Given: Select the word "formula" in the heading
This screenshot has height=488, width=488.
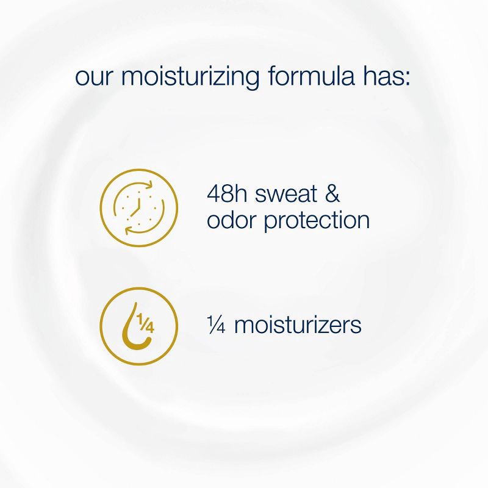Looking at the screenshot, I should pyautogui.click(x=311, y=77).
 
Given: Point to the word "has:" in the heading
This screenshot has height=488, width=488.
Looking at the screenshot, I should pyautogui.click(x=386, y=77).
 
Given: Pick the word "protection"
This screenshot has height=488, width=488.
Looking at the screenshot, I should pyautogui.click(x=317, y=220).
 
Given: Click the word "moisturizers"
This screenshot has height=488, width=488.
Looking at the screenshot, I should pyautogui.click(x=298, y=325).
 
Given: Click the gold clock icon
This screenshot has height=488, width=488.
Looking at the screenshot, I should pyautogui.click(x=139, y=207).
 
